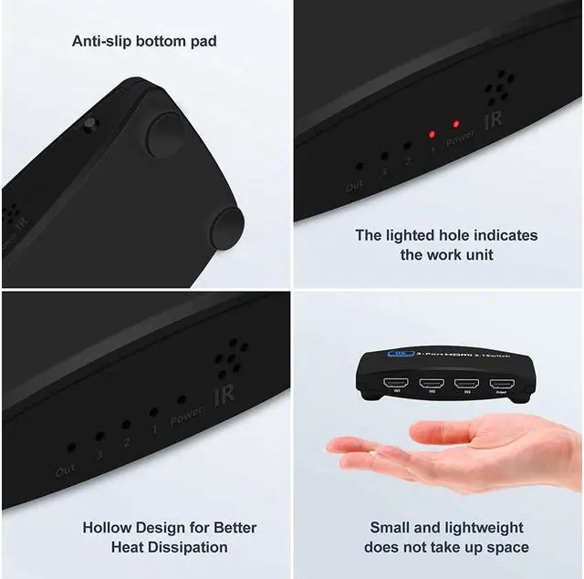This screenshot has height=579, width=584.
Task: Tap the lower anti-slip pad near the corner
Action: pos(225,225)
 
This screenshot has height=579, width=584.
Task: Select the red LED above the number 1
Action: pos(432,135)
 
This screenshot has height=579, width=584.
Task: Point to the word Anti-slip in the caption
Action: pos(104,40)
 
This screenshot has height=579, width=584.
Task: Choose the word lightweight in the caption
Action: pos(485,527)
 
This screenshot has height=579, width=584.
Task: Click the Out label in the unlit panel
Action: pos(66,471)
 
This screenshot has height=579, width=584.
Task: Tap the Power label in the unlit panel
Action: pos(186,414)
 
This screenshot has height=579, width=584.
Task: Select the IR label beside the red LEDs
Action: pos(493,120)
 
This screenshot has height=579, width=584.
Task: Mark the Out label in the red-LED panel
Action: pos(354,185)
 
